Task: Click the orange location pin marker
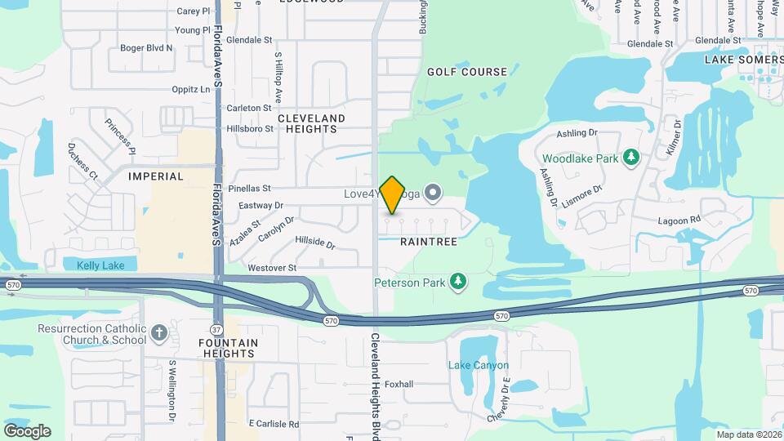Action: pyautogui.click(x=393, y=195)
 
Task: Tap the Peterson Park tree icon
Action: pyautogui.click(x=458, y=283)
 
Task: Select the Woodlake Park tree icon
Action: pyautogui.click(x=630, y=158)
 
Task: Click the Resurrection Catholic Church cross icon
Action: pyautogui.click(x=159, y=332)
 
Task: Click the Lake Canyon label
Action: pyautogui.click(x=479, y=365)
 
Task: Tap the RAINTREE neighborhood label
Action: pyautogui.click(x=429, y=243)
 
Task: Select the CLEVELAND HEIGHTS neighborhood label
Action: pyautogui.click(x=311, y=124)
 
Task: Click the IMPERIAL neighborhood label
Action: pyautogui.click(x=156, y=176)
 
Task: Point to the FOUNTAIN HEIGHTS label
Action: pyautogui.click(x=228, y=348)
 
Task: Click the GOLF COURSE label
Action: pyautogui.click(x=467, y=72)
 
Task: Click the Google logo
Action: pyautogui.click(x=27, y=430)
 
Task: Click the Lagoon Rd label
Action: pyautogui.click(x=679, y=220)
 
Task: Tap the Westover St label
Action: pyautogui.click(x=271, y=268)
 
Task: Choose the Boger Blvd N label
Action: pyautogui.click(x=146, y=47)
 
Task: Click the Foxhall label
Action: pyautogui.click(x=399, y=384)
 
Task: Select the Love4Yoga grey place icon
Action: pyautogui.click(x=434, y=194)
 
